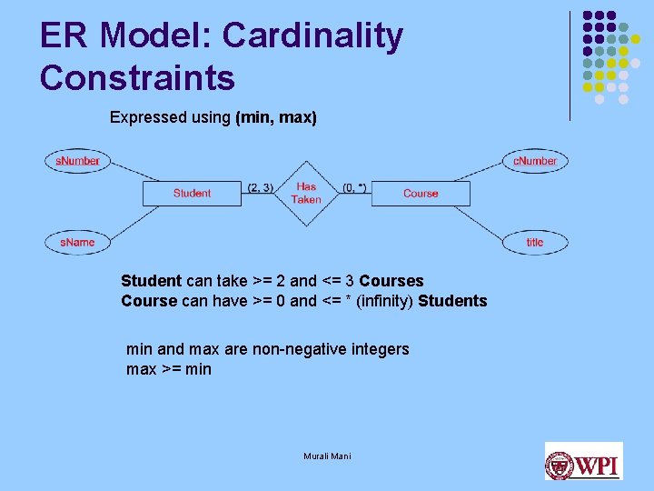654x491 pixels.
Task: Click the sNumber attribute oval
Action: coord(77,161)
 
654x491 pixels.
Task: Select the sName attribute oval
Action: coord(77,242)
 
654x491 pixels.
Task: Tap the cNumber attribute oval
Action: coord(535,161)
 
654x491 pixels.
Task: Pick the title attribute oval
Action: coord(535,242)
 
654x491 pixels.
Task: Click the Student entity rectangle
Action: coord(192,193)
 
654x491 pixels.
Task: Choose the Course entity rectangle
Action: coord(421,193)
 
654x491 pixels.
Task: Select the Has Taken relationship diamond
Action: coord(306,193)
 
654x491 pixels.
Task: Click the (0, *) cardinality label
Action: coord(354,188)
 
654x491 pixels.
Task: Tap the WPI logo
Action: coord(583,461)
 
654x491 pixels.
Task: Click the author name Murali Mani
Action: coord(327,456)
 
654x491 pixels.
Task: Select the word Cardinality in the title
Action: coord(312,36)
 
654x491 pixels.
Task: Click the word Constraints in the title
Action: coord(137,78)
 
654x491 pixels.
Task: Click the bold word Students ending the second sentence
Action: coord(452,301)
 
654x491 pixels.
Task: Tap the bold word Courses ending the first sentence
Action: coord(391,281)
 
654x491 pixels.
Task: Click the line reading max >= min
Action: coord(169,369)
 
